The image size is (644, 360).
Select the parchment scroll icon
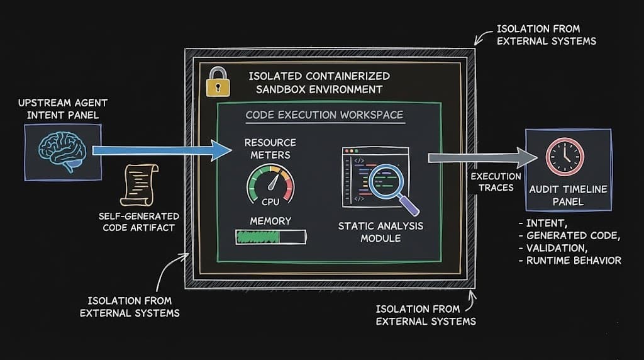click(138, 184)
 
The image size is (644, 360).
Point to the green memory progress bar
click(270, 237)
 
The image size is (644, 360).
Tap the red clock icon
click(564, 157)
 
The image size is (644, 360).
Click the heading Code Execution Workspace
click(324, 115)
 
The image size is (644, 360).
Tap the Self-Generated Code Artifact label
click(139, 222)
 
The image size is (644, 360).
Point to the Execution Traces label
click(496, 183)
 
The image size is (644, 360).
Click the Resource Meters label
click(270, 149)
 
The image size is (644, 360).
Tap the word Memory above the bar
click(270, 221)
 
